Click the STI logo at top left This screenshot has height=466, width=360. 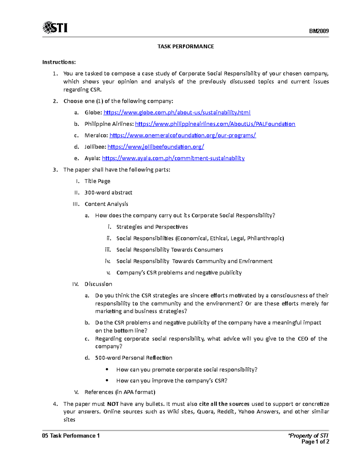click(x=55, y=28)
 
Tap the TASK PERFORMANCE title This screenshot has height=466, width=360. click(x=186, y=47)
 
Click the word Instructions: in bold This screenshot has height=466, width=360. click(x=59, y=62)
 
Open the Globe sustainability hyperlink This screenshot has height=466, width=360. click(x=177, y=113)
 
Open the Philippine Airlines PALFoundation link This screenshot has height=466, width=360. click(x=215, y=124)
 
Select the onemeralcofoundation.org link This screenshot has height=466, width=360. click(x=182, y=135)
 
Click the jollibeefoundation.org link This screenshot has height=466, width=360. click(x=156, y=147)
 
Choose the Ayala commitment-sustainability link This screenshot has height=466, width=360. click(x=173, y=158)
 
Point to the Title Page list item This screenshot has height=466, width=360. click(x=97, y=181)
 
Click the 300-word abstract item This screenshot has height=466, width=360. click(x=108, y=193)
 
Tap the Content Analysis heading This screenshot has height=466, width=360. click(x=106, y=204)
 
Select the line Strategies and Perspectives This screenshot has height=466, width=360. click(x=152, y=227)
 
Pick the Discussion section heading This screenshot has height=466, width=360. click(x=98, y=284)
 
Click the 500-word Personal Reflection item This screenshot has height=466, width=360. click(x=133, y=358)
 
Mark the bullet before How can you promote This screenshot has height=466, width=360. click(x=107, y=369)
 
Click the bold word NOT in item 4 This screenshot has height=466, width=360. click(x=113, y=404)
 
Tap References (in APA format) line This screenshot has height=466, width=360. click(x=120, y=392)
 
